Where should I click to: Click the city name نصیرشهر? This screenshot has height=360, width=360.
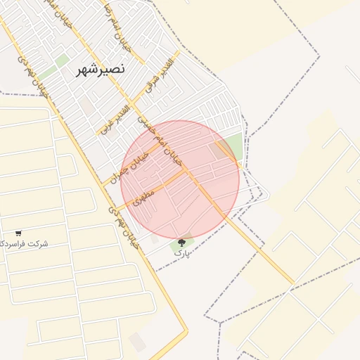pos(100,69)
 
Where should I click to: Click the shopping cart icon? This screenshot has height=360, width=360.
pos(18,233)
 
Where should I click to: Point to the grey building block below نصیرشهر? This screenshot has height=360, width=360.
pos(86,105)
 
